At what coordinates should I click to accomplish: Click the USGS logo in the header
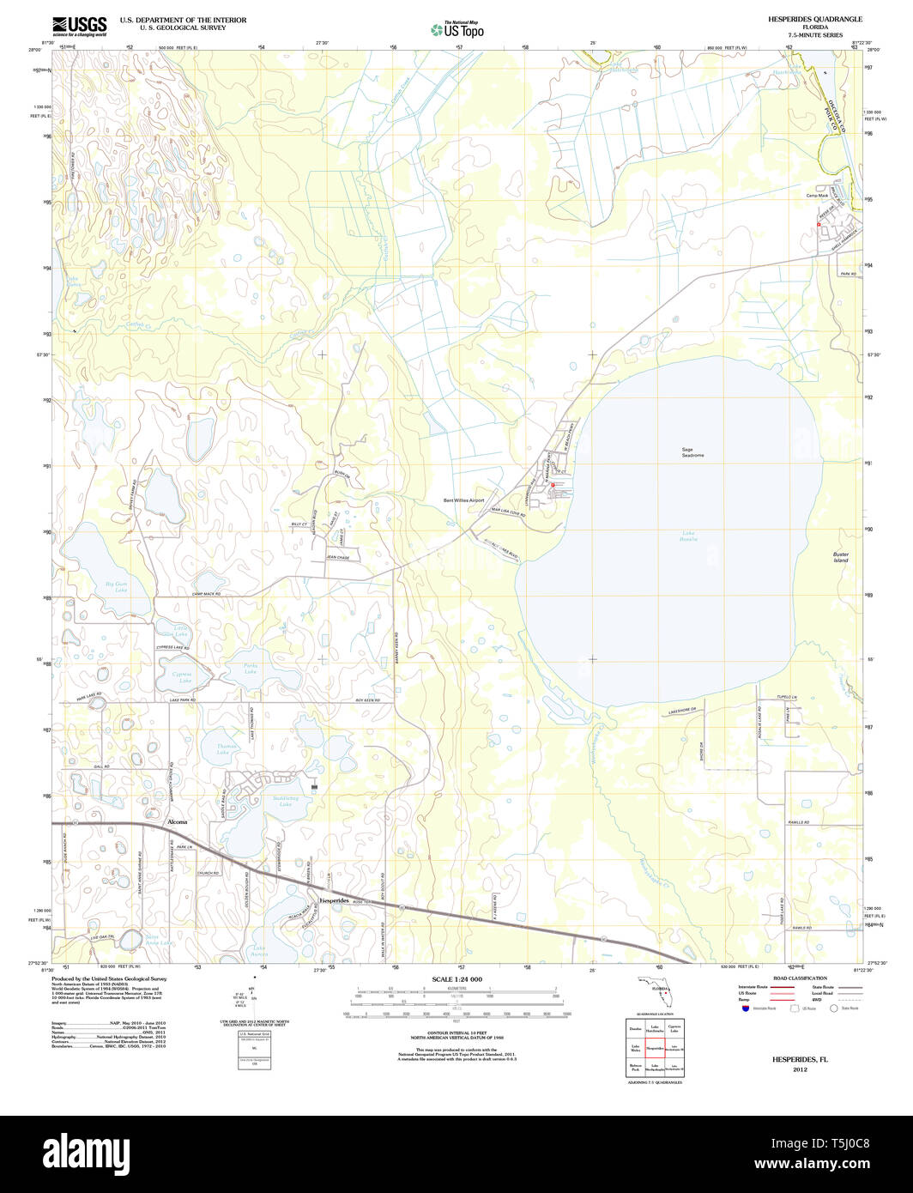coord(79,25)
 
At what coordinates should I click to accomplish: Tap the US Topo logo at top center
coord(457,29)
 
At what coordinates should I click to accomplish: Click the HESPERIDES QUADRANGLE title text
coord(803,19)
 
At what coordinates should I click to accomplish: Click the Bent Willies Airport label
coord(463,500)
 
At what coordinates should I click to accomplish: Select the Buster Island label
coord(841,557)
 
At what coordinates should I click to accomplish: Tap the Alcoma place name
coord(176,821)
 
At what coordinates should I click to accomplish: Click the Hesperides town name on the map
coord(336,900)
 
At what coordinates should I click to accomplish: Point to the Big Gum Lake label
coord(116,587)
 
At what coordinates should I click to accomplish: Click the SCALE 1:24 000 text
coord(456,979)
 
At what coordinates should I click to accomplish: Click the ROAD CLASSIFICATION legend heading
coord(800,978)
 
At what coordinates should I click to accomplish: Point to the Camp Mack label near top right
coord(816,196)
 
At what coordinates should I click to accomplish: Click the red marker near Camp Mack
coord(819,225)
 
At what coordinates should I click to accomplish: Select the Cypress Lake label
coord(182,676)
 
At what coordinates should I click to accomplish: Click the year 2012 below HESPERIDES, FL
coord(800,1069)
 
